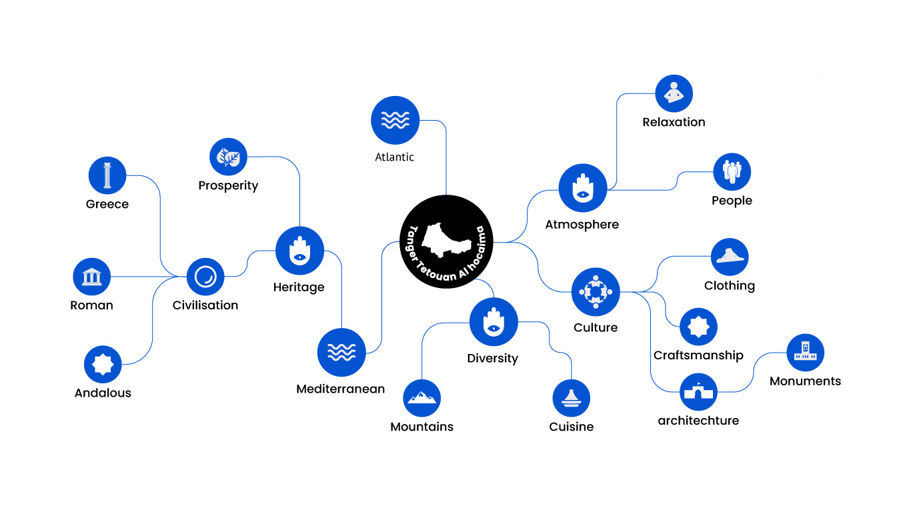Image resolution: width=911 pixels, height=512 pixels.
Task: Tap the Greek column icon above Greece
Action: click(107, 176)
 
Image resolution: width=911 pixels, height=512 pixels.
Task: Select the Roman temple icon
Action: click(91, 277)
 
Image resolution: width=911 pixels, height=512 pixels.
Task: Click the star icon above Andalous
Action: click(103, 364)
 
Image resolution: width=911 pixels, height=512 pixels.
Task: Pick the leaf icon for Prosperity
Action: click(228, 157)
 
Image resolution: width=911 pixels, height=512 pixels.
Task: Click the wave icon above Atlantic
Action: click(395, 121)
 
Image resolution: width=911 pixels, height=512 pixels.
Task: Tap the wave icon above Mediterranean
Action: click(341, 352)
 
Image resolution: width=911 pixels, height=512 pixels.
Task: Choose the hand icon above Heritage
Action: click(299, 251)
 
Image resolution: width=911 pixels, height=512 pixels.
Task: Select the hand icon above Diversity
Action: click(494, 322)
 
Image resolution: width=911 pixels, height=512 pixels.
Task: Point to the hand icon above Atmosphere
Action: click(582, 189)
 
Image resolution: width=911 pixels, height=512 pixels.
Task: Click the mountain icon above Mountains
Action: click(422, 398)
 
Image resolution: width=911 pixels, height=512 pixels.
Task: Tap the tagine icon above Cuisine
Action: click(572, 398)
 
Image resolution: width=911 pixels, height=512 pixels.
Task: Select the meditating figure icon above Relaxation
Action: click(674, 93)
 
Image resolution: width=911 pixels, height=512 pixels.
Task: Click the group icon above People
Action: click(732, 172)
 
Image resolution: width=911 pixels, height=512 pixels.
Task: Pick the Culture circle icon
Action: click(596, 291)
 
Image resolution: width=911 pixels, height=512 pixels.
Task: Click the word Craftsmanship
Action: click(698, 355)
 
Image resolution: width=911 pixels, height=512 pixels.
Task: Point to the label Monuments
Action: click(805, 381)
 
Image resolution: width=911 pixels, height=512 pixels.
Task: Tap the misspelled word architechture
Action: click(698, 421)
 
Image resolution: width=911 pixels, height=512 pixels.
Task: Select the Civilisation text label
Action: click(205, 305)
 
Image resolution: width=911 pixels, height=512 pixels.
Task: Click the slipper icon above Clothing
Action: click(730, 257)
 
